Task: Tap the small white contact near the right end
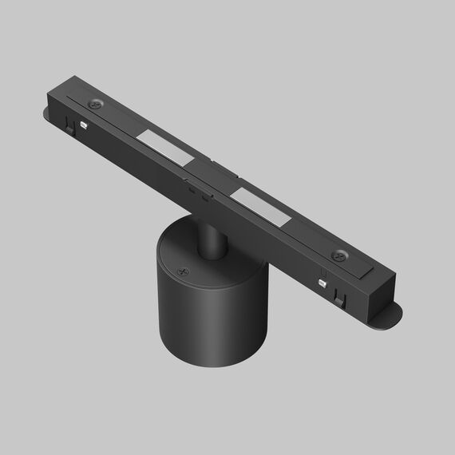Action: (x=323, y=282)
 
